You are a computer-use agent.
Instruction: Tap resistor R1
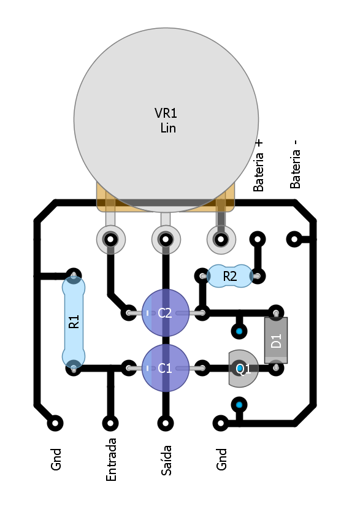click(74, 322)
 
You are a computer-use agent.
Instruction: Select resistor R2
click(230, 276)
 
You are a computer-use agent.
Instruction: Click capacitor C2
click(166, 313)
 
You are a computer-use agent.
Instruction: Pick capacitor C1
click(166, 368)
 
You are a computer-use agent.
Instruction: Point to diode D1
click(276, 340)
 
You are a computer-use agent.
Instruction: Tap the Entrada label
click(111, 459)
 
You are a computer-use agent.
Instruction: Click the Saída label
click(166, 460)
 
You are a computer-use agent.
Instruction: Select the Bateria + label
click(258, 166)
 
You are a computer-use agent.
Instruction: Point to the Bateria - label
click(295, 164)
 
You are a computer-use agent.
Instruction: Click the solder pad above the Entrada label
click(110, 423)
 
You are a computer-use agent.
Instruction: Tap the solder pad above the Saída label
click(166, 423)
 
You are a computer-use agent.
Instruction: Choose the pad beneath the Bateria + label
click(258, 239)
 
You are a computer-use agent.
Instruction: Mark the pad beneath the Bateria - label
click(294, 239)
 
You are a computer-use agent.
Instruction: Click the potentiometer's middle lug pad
click(166, 239)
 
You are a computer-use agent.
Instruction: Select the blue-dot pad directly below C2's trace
click(239, 331)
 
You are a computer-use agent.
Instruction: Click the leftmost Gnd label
click(56, 459)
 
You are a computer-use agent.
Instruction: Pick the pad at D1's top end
click(276, 313)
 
